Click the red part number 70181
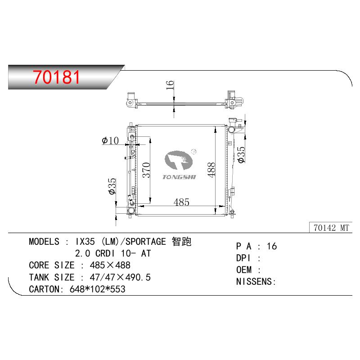pyautogui.click(x=56, y=77)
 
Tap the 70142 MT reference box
pyautogui.click(x=331, y=228)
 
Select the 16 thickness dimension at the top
pyautogui.click(x=170, y=85)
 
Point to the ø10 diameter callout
pyautogui.click(x=110, y=140)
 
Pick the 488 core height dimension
pyautogui.click(x=211, y=170)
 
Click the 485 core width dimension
pyautogui.click(x=181, y=202)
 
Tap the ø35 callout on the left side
pyautogui.click(x=112, y=186)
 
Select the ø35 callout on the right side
pyautogui.click(x=241, y=155)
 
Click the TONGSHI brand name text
pyautogui.click(x=179, y=177)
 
